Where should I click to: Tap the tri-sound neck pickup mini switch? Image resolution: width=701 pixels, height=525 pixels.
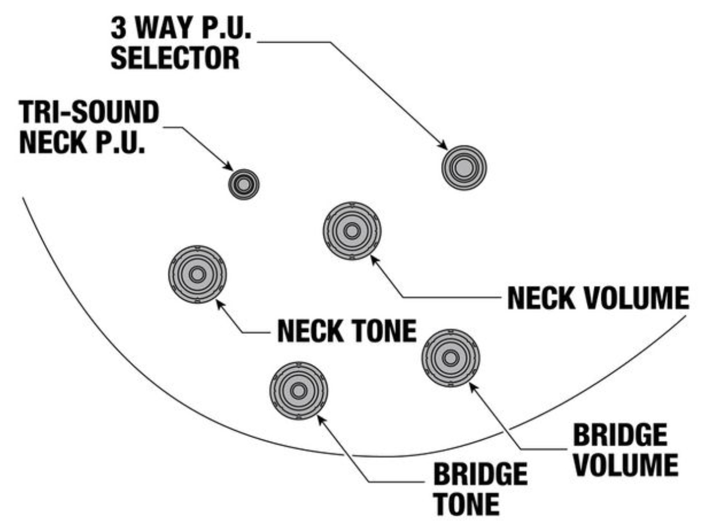243,185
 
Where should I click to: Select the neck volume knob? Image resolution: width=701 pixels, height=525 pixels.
351,231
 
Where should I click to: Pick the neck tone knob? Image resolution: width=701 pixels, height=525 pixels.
197,274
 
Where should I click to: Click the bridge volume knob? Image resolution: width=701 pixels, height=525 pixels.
450,358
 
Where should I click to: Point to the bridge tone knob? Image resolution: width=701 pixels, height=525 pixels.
298,391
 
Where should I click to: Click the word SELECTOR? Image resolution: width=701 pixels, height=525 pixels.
175,59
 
